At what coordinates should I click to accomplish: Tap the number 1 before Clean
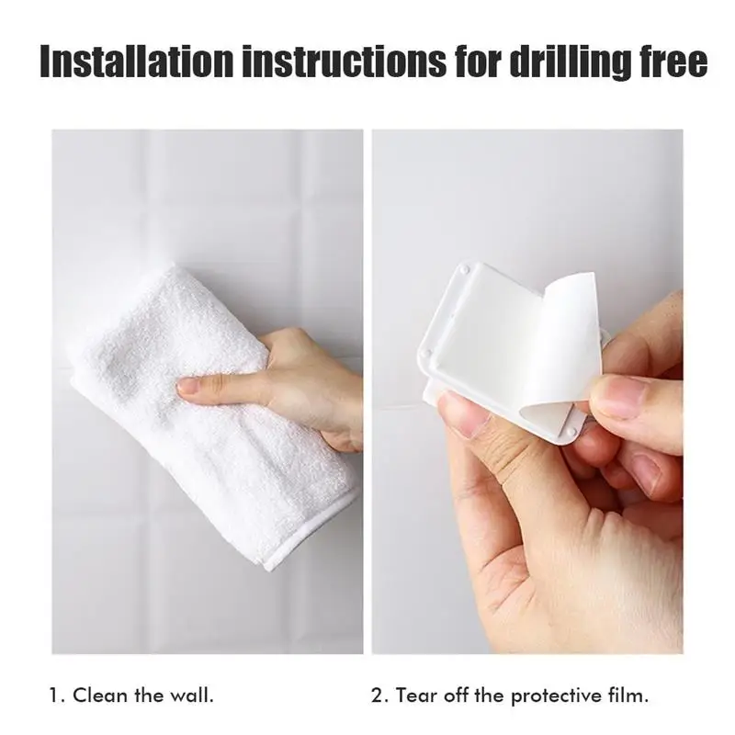pyautogui.click(x=56, y=695)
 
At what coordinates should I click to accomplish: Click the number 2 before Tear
pyautogui.click(x=378, y=695)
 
